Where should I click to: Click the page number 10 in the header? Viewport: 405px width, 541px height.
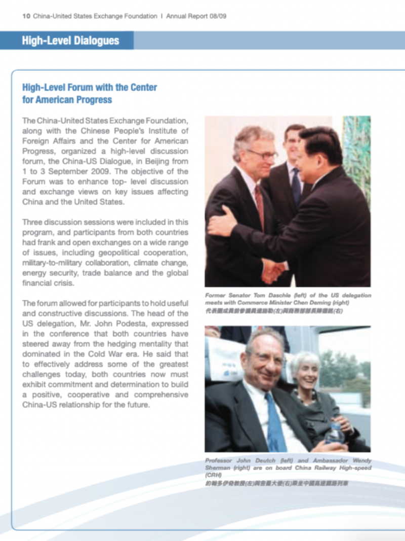25,16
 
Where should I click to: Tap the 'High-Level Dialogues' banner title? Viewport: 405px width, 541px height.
70,41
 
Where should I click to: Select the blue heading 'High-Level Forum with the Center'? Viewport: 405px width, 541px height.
90,87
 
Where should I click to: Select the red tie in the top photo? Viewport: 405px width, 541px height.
260,205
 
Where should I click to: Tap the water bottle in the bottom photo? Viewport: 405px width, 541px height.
334,432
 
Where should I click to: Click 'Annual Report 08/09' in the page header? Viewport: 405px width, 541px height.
196,16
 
